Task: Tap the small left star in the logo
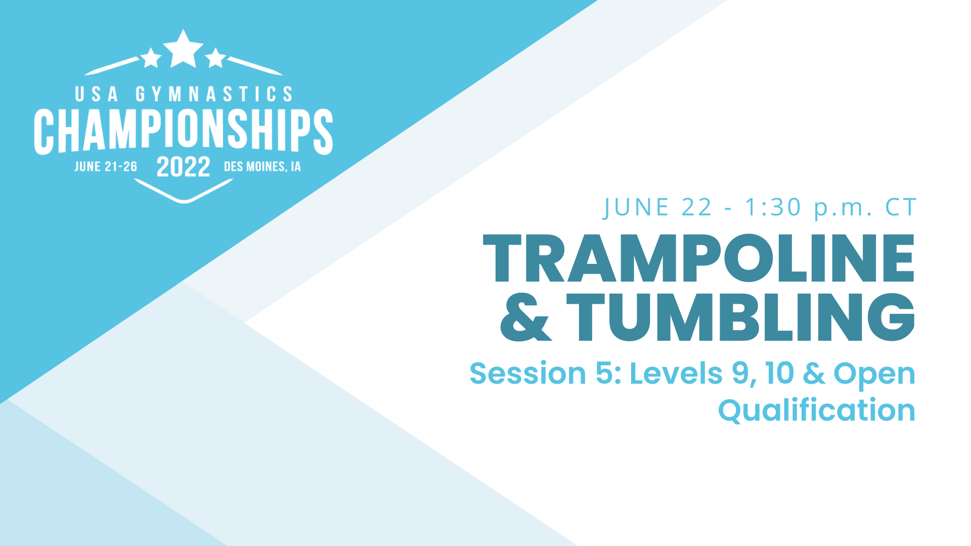tap(151, 58)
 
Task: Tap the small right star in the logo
tap(216, 58)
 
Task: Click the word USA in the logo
tap(97, 95)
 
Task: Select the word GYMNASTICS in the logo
tap(214, 95)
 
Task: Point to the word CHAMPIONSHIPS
tap(183, 131)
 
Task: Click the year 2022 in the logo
tap(183, 167)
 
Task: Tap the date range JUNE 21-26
tap(106, 167)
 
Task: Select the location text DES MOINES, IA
tap(262, 167)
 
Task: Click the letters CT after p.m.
tap(901, 207)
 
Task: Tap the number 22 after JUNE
tap(697, 207)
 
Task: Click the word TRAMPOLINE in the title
tap(699, 258)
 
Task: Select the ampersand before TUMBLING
tap(525, 317)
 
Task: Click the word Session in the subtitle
tap(527, 374)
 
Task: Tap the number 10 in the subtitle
tap(780, 374)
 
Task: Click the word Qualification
tap(816, 410)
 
